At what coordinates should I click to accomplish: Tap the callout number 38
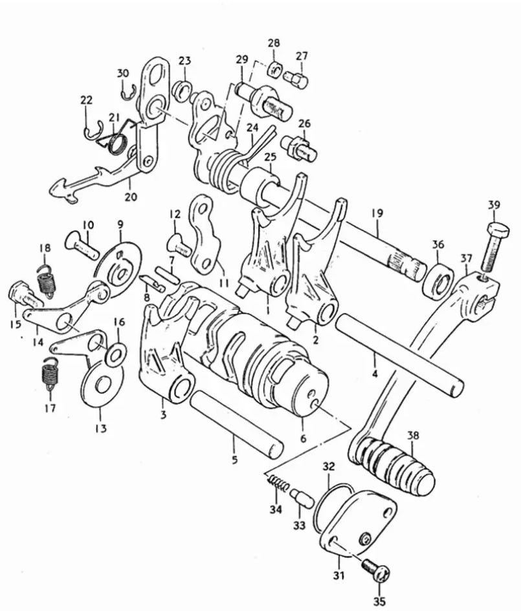pyautogui.click(x=413, y=435)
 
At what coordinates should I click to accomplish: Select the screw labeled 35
pyautogui.click(x=377, y=572)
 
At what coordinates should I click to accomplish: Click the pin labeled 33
pyautogui.click(x=302, y=498)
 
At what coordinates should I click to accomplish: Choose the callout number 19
pyautogui.click(x=377, y=213)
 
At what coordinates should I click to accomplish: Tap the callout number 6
pyautogui.click(x=303, y=438)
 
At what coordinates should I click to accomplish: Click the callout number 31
pyautogui.click(x=338, y=575)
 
